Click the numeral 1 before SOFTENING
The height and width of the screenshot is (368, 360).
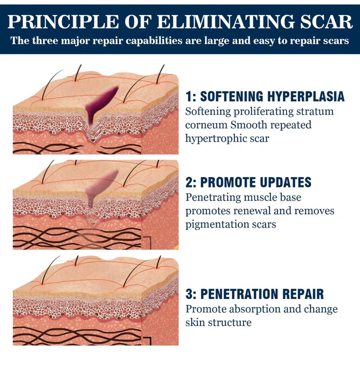(x=188, y=97)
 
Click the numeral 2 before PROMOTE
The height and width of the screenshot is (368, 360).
(x=189, y=182)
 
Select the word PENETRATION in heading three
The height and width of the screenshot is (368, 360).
(x=244, y=294)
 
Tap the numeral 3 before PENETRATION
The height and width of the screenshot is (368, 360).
(x=189, y=294)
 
